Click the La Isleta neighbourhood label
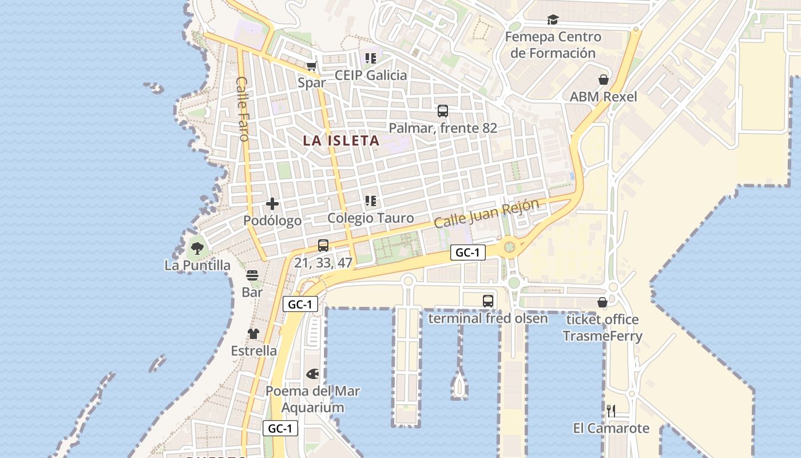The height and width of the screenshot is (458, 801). click(341, 141)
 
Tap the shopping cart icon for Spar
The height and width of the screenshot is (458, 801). click(311, 66)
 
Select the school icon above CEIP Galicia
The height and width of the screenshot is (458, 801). click(371, 58)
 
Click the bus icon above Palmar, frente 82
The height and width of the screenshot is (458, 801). click(442, 111)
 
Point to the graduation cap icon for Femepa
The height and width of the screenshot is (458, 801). click(553, 20)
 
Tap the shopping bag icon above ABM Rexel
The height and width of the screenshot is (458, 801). click(603, 80)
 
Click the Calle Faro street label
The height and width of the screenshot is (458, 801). click(242, 109)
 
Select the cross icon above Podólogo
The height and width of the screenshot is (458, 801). click(272, 204)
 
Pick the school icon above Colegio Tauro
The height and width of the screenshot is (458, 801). click(371, 201)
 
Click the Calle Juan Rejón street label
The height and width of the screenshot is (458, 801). click(486, 213)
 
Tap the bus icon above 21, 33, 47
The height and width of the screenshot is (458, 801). click(323, 246)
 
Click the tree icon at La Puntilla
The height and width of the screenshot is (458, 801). click(197, 248)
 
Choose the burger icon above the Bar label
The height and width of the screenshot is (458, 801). click(252, 275)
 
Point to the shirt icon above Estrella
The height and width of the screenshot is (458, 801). click(253, 334)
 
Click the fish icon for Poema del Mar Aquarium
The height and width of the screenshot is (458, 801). click(312, 374)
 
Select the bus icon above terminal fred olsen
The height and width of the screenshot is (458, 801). click(487, 301)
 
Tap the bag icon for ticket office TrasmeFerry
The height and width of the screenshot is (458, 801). click(602, 302)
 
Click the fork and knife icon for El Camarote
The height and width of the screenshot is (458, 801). click(611, 410)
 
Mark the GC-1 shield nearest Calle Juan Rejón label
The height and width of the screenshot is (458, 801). click(467, 252)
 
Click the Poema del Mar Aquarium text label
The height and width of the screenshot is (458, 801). click(313, 400)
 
